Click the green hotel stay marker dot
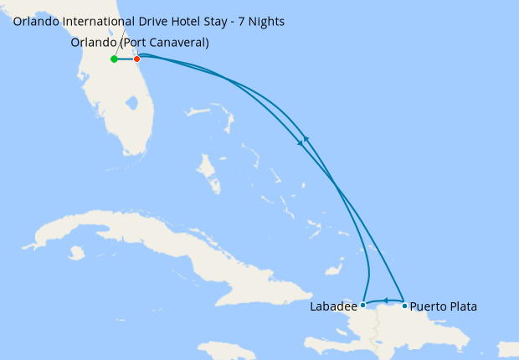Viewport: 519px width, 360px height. click(114, 59)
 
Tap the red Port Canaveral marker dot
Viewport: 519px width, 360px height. click(137, 59)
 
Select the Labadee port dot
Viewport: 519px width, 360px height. click(362, 306)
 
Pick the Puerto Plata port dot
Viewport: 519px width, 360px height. click(405, 306)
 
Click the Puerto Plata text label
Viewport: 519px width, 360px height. click(444, 306)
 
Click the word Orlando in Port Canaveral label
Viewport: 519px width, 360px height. click(93, 42)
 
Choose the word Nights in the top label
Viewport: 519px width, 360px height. click(265, 21)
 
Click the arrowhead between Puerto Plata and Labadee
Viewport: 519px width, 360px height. click(386, 301)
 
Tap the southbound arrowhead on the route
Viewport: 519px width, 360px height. click(301, 144)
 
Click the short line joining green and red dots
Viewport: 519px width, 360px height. click(126, 59)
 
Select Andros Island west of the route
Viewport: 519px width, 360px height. click(206, 172)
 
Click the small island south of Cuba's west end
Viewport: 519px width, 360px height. click(77, 252)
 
